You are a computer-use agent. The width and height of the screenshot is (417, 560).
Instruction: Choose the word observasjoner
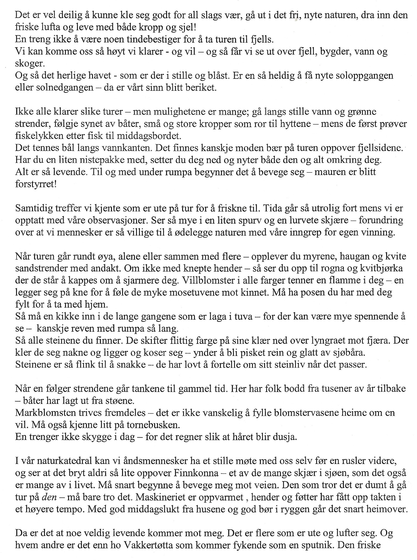coord(116,221)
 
